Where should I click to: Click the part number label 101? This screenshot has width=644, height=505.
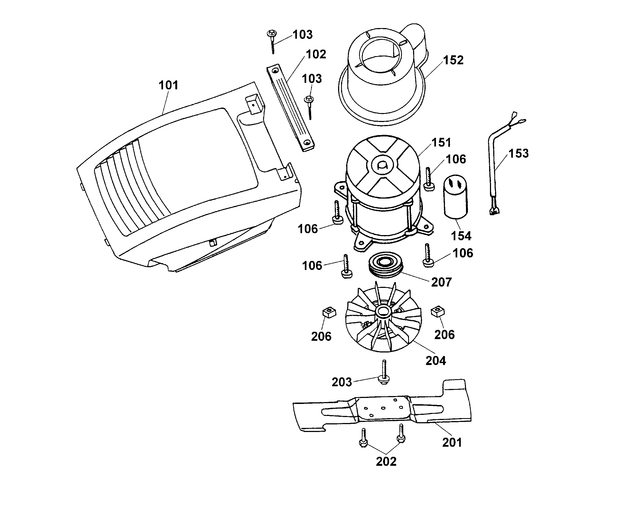tap(168, 85)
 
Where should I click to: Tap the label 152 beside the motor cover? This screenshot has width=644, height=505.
tap(453, 60)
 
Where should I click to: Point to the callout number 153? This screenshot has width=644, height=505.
tap(518, 153)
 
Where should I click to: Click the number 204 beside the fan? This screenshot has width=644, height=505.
tap(436, 361)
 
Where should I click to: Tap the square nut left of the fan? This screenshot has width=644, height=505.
tap(329, 312)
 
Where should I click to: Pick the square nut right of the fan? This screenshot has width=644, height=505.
tap(438, 312)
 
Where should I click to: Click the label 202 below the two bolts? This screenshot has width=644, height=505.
tap(386, 461)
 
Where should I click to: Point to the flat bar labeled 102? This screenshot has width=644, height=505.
tap(290, 108)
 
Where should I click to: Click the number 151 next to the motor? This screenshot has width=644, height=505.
tap(441, 142)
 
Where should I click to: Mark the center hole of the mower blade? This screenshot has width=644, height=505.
tap(383, 408)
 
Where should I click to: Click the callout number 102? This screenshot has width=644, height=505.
tap(316, 54)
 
